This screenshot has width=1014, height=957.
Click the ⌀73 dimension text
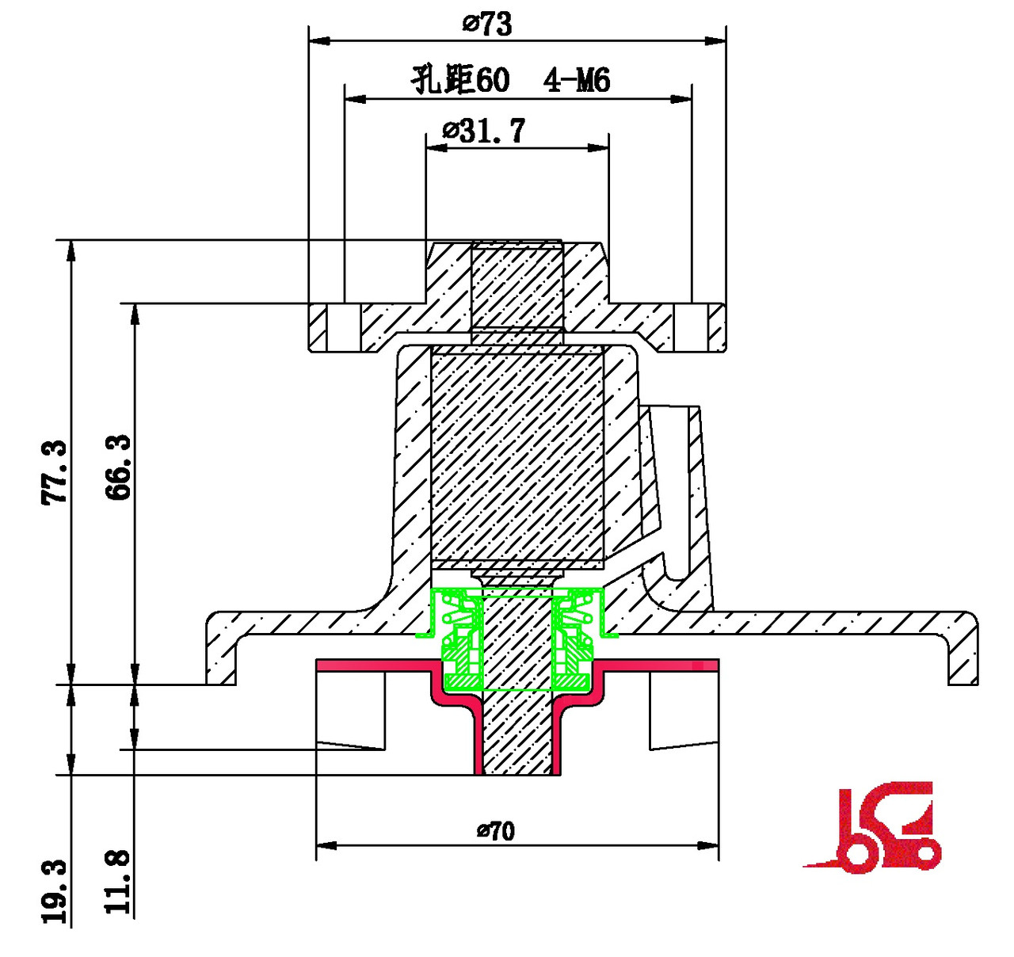487,24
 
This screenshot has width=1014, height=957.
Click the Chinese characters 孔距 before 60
442,79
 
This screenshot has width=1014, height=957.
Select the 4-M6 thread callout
577,80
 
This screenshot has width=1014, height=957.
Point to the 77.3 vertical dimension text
55,473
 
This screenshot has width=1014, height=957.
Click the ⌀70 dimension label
496,831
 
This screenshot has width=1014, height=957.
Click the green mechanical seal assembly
517,638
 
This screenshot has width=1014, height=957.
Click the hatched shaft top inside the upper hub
517,285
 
